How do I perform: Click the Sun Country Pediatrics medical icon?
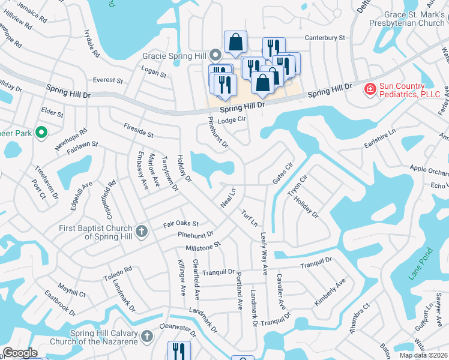coord(371,90)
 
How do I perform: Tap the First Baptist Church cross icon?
coord(142,232)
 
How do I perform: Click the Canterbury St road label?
coord(325,37)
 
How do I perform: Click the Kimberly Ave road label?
coord(330,292)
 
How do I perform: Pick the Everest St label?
coord(107,80)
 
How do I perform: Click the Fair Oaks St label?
coord(181,224)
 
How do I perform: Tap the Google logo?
coord(20,353)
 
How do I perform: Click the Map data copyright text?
coord(424,355)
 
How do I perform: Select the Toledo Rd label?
coord(119,274)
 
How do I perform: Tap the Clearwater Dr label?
coord(178,328)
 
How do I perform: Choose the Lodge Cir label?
coord(232,120)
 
